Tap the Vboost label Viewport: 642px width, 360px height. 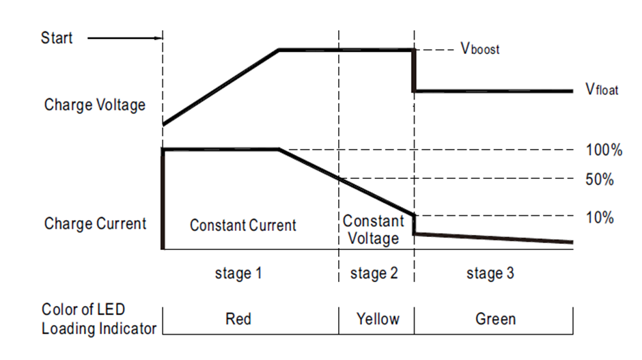pyautogui.click(x=479, y=50)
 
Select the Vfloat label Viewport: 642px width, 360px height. pyautogui.click(x=601, y=90)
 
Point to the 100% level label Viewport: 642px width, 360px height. pyautogui.click(x=604, y=150)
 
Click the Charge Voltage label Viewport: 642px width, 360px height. pyautogui.click(x=95, y=105)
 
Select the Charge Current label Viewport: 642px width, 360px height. pyautogui.click(x=95, y=224)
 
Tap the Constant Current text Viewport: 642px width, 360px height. pyautogui.click(x=243, y=225)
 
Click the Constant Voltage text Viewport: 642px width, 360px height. pyautogui.click(x=373, y=230)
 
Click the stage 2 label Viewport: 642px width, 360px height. pyautogui.click(x=374, y=274)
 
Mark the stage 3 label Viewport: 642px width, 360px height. pyautogui.click(x=490, y=274)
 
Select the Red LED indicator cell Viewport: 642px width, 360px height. pyautogui.click(x=238, y=319)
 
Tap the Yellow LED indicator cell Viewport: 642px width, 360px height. pyautogui.click(x=376, y=319)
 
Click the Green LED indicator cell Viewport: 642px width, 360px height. pyautogui.click(x=495, y=319)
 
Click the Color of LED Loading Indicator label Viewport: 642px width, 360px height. pyautogui.click(x=98, y=319)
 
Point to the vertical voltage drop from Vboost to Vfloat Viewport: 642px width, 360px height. pyautogui.click(x=414, y=70)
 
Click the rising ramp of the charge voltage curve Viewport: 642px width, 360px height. pyautogui.click(x=221, y=87)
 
